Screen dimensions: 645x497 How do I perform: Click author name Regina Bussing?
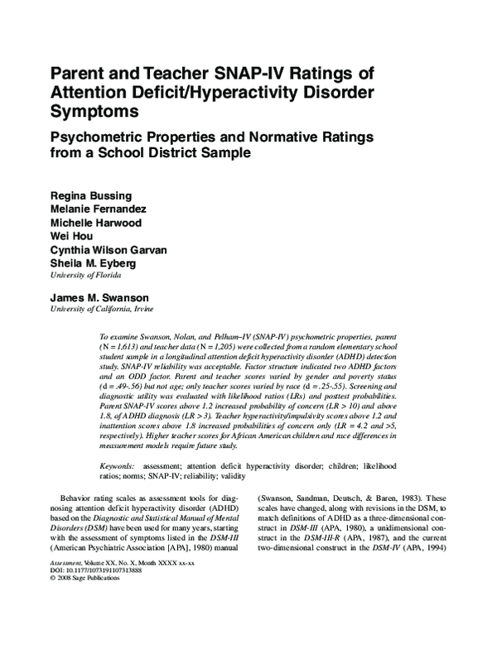(x=87, y=195)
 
